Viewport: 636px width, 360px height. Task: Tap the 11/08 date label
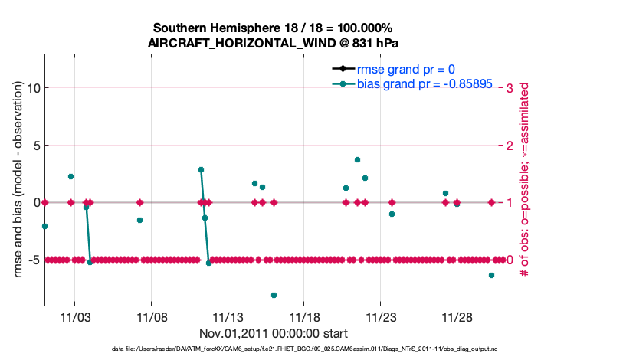coord(151,317)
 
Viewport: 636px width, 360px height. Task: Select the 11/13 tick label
coord(228,317)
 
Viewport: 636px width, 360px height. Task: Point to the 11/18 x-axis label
coord(304,317)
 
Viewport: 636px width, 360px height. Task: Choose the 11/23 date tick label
coord(381,317)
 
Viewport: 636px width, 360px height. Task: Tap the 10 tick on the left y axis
coord(33,87)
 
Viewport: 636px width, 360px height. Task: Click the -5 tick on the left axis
coord(33,260)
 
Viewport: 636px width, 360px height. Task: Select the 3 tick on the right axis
coord(510,87)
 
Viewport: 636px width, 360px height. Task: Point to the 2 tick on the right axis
coord(510,145)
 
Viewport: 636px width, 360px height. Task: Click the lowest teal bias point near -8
coord(274,295)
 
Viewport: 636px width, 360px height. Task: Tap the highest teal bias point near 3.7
coord(357,159)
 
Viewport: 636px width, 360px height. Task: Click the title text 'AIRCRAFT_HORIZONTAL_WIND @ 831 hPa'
coord(273,43)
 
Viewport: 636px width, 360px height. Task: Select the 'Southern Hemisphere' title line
coord(273,28)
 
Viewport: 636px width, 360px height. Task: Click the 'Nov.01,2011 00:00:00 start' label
coord(274,333)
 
